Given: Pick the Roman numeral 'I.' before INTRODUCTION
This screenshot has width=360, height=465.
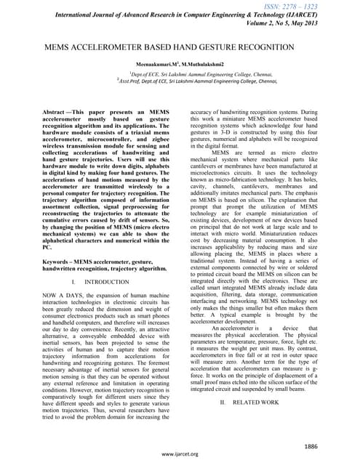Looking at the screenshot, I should pyautogui.click(x=86, y=280).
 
